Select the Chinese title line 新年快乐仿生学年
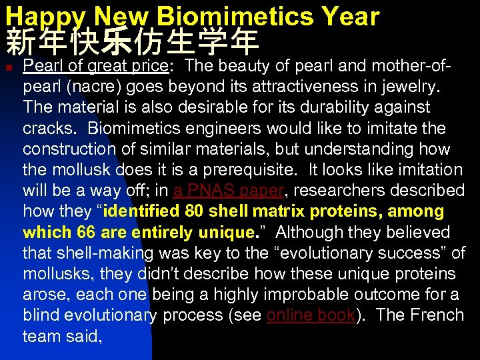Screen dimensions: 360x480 click(132, 43)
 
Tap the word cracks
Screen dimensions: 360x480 click(49, 128)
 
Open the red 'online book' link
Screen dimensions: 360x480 click(309, 315)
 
